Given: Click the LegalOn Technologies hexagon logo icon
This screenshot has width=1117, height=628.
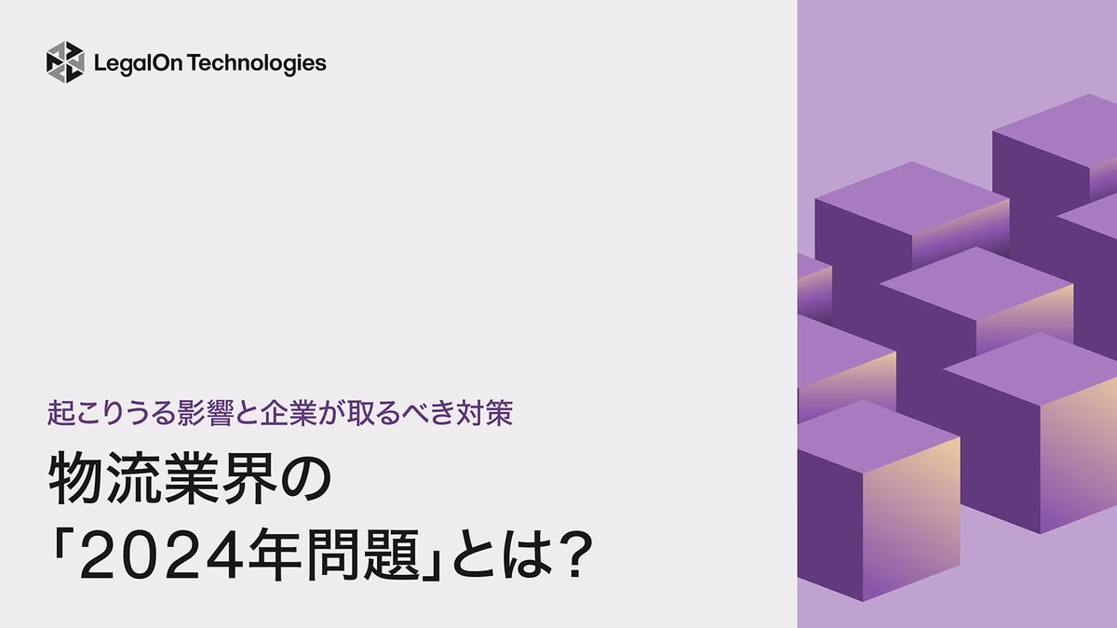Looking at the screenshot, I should pyautogui.click(x=65, y=62).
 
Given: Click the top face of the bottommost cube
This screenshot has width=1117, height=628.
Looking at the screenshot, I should pyautogui.click(x=875, y=432).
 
